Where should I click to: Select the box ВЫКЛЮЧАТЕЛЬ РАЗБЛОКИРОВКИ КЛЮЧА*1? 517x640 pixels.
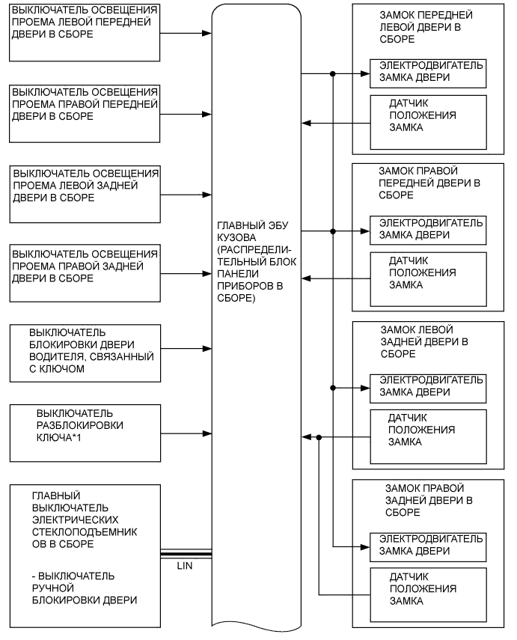coord(85,433)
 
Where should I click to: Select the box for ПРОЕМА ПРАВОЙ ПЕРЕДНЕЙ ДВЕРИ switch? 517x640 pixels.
coord(85,113)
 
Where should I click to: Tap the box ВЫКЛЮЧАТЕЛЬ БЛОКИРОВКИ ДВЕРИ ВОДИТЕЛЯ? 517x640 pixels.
coord(85,353)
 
